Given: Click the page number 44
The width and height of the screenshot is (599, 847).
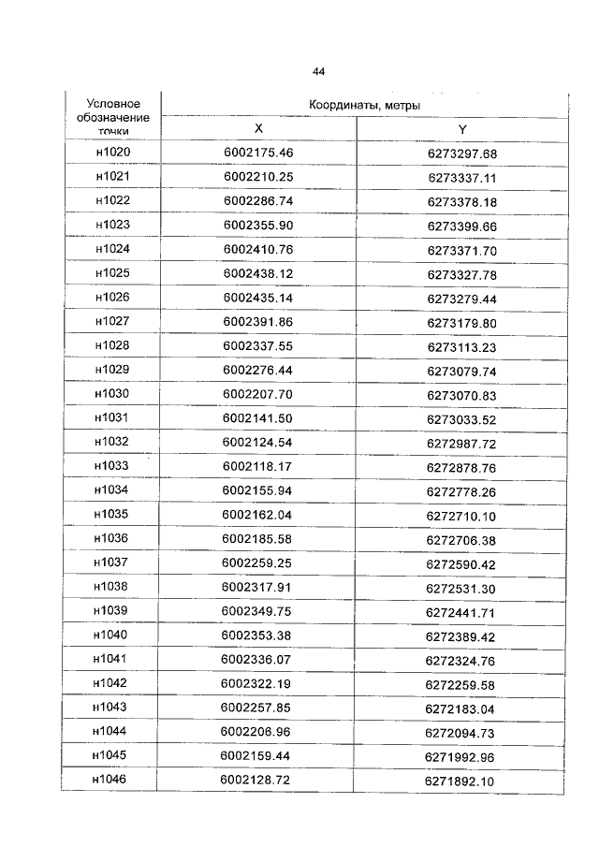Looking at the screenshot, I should [x=318, y=71].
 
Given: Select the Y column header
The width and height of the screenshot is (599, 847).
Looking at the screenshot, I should [x=462, y=129].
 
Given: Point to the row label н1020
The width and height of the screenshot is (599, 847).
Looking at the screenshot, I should [x=113, y=153].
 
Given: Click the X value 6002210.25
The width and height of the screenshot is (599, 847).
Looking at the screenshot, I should [x=258, y=177].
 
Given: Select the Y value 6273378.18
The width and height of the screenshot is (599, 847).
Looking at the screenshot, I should [x=462, y=202].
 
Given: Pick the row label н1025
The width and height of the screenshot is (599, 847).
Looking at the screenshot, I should [x=113, y=273].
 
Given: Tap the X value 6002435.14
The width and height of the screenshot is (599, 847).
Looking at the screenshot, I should [x=258, y=298].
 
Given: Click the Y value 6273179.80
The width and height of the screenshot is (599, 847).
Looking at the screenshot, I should [x=462, y=323].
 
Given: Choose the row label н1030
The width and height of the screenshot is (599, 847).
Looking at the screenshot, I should [x=113, y=394].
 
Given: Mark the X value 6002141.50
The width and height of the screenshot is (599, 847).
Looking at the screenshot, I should [x=258, y=417].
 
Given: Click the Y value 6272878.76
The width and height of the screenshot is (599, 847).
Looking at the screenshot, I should [x=462, y=467].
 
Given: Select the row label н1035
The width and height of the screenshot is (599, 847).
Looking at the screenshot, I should [x=113, y=514].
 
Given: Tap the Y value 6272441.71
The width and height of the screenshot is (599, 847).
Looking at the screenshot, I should [x=462, y=611].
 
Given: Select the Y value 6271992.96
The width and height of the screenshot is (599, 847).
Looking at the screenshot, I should [x=461, y=756].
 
